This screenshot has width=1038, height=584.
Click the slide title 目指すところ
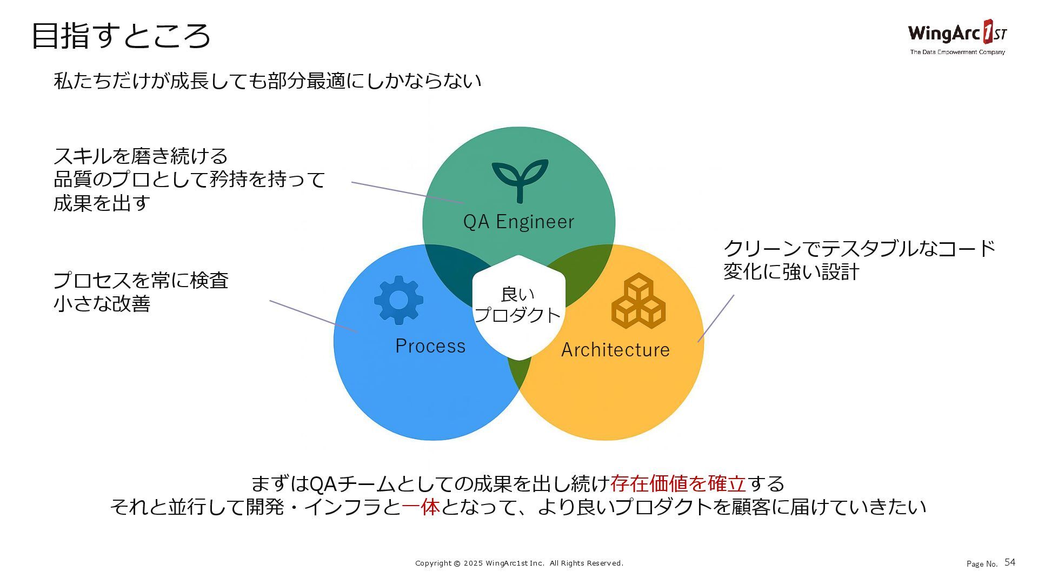tap(121, 36)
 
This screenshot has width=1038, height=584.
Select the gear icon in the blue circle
tap(398, 300)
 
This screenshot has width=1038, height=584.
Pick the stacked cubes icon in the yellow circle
tap(638, 301)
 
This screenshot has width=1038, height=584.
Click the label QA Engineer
tap(518, 222)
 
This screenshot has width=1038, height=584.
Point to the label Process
tap(430, 346)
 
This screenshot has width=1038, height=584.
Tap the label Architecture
tap(615, 350)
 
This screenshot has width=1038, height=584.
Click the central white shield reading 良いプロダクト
tap(518, 306)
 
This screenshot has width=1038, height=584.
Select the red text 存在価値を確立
tap(678, 483)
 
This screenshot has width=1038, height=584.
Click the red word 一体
tap(421, 507)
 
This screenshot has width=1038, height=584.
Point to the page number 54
tap(1010, 562)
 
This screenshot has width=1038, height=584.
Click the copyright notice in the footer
tap(519, 563)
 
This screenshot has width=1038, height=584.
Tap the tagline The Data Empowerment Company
tap(957, 52)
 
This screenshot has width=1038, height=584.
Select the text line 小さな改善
tap(102, 304)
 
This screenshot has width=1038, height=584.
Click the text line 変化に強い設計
tap(791, 271)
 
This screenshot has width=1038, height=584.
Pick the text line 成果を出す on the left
tap(102, 203)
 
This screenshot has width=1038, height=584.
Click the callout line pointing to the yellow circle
tap(716, 318)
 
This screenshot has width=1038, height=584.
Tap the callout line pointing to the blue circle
tap(314, 316)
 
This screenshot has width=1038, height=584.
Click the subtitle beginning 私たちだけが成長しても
tap(267, 81)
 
